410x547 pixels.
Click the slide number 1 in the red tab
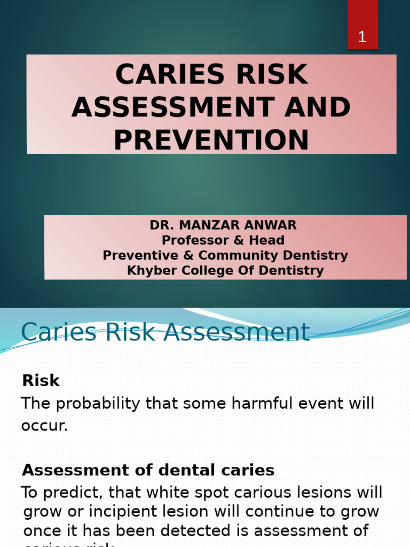[362, 37]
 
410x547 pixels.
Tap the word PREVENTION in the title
[211, 140]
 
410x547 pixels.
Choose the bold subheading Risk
[41, 381]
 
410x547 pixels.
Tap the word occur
[44, 426]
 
